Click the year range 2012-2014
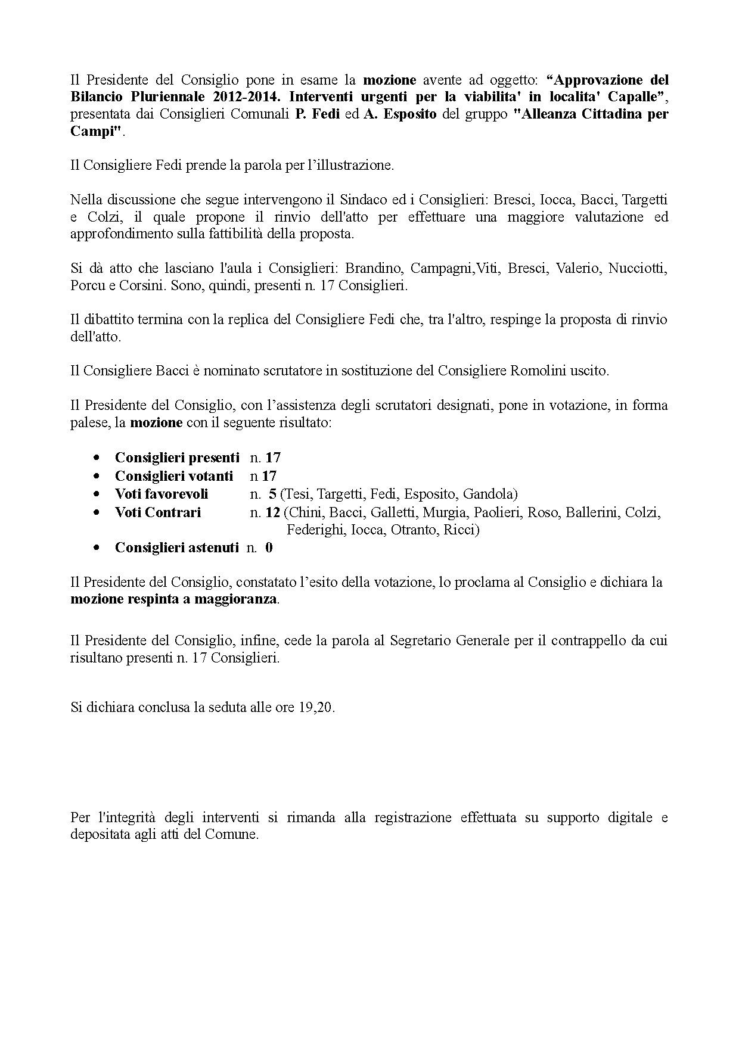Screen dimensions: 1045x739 [x=247, y=97]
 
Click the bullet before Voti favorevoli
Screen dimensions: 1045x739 [x=97, y=494]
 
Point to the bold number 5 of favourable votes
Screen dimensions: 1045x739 [x=272, y=494]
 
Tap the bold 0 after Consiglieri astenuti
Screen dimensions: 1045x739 [x=269, y=548]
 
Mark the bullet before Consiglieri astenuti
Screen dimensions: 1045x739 [x=97, y=548]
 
